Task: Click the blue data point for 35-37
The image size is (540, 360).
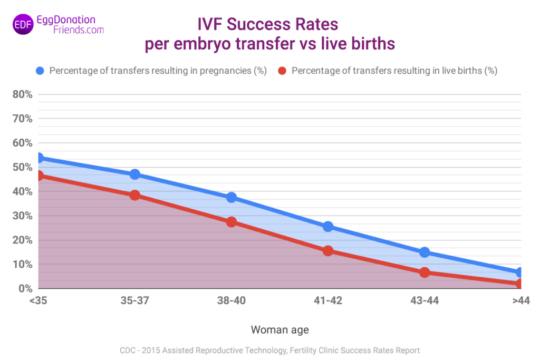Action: coord(135,174)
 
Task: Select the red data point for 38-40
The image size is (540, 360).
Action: coord(232,222)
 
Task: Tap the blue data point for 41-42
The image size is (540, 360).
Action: coord(328,227)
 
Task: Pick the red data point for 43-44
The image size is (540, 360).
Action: coord(425,272)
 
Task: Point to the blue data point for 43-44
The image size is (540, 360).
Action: coord(425,252)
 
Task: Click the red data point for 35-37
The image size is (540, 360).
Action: coord(135,195)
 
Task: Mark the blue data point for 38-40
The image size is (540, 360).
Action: coord(232,198)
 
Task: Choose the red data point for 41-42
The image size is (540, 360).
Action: coord(328,251)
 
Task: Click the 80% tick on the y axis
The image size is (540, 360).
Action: coord(22,94)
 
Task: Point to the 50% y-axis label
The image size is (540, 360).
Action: coord(22,167)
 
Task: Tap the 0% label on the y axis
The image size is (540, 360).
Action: coord(25,288)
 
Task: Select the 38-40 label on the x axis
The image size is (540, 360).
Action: coord(232,300)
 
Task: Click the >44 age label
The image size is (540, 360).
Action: coord(521,300)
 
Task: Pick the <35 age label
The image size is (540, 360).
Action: coord(38,300)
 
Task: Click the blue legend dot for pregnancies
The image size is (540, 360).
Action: coord(40,71)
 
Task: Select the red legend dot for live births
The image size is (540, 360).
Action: coord(282,71)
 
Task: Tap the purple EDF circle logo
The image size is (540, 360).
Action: coord(23,24)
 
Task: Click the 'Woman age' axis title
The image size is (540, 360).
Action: coord(279,330)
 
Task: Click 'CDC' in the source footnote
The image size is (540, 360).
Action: coord(128,351)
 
